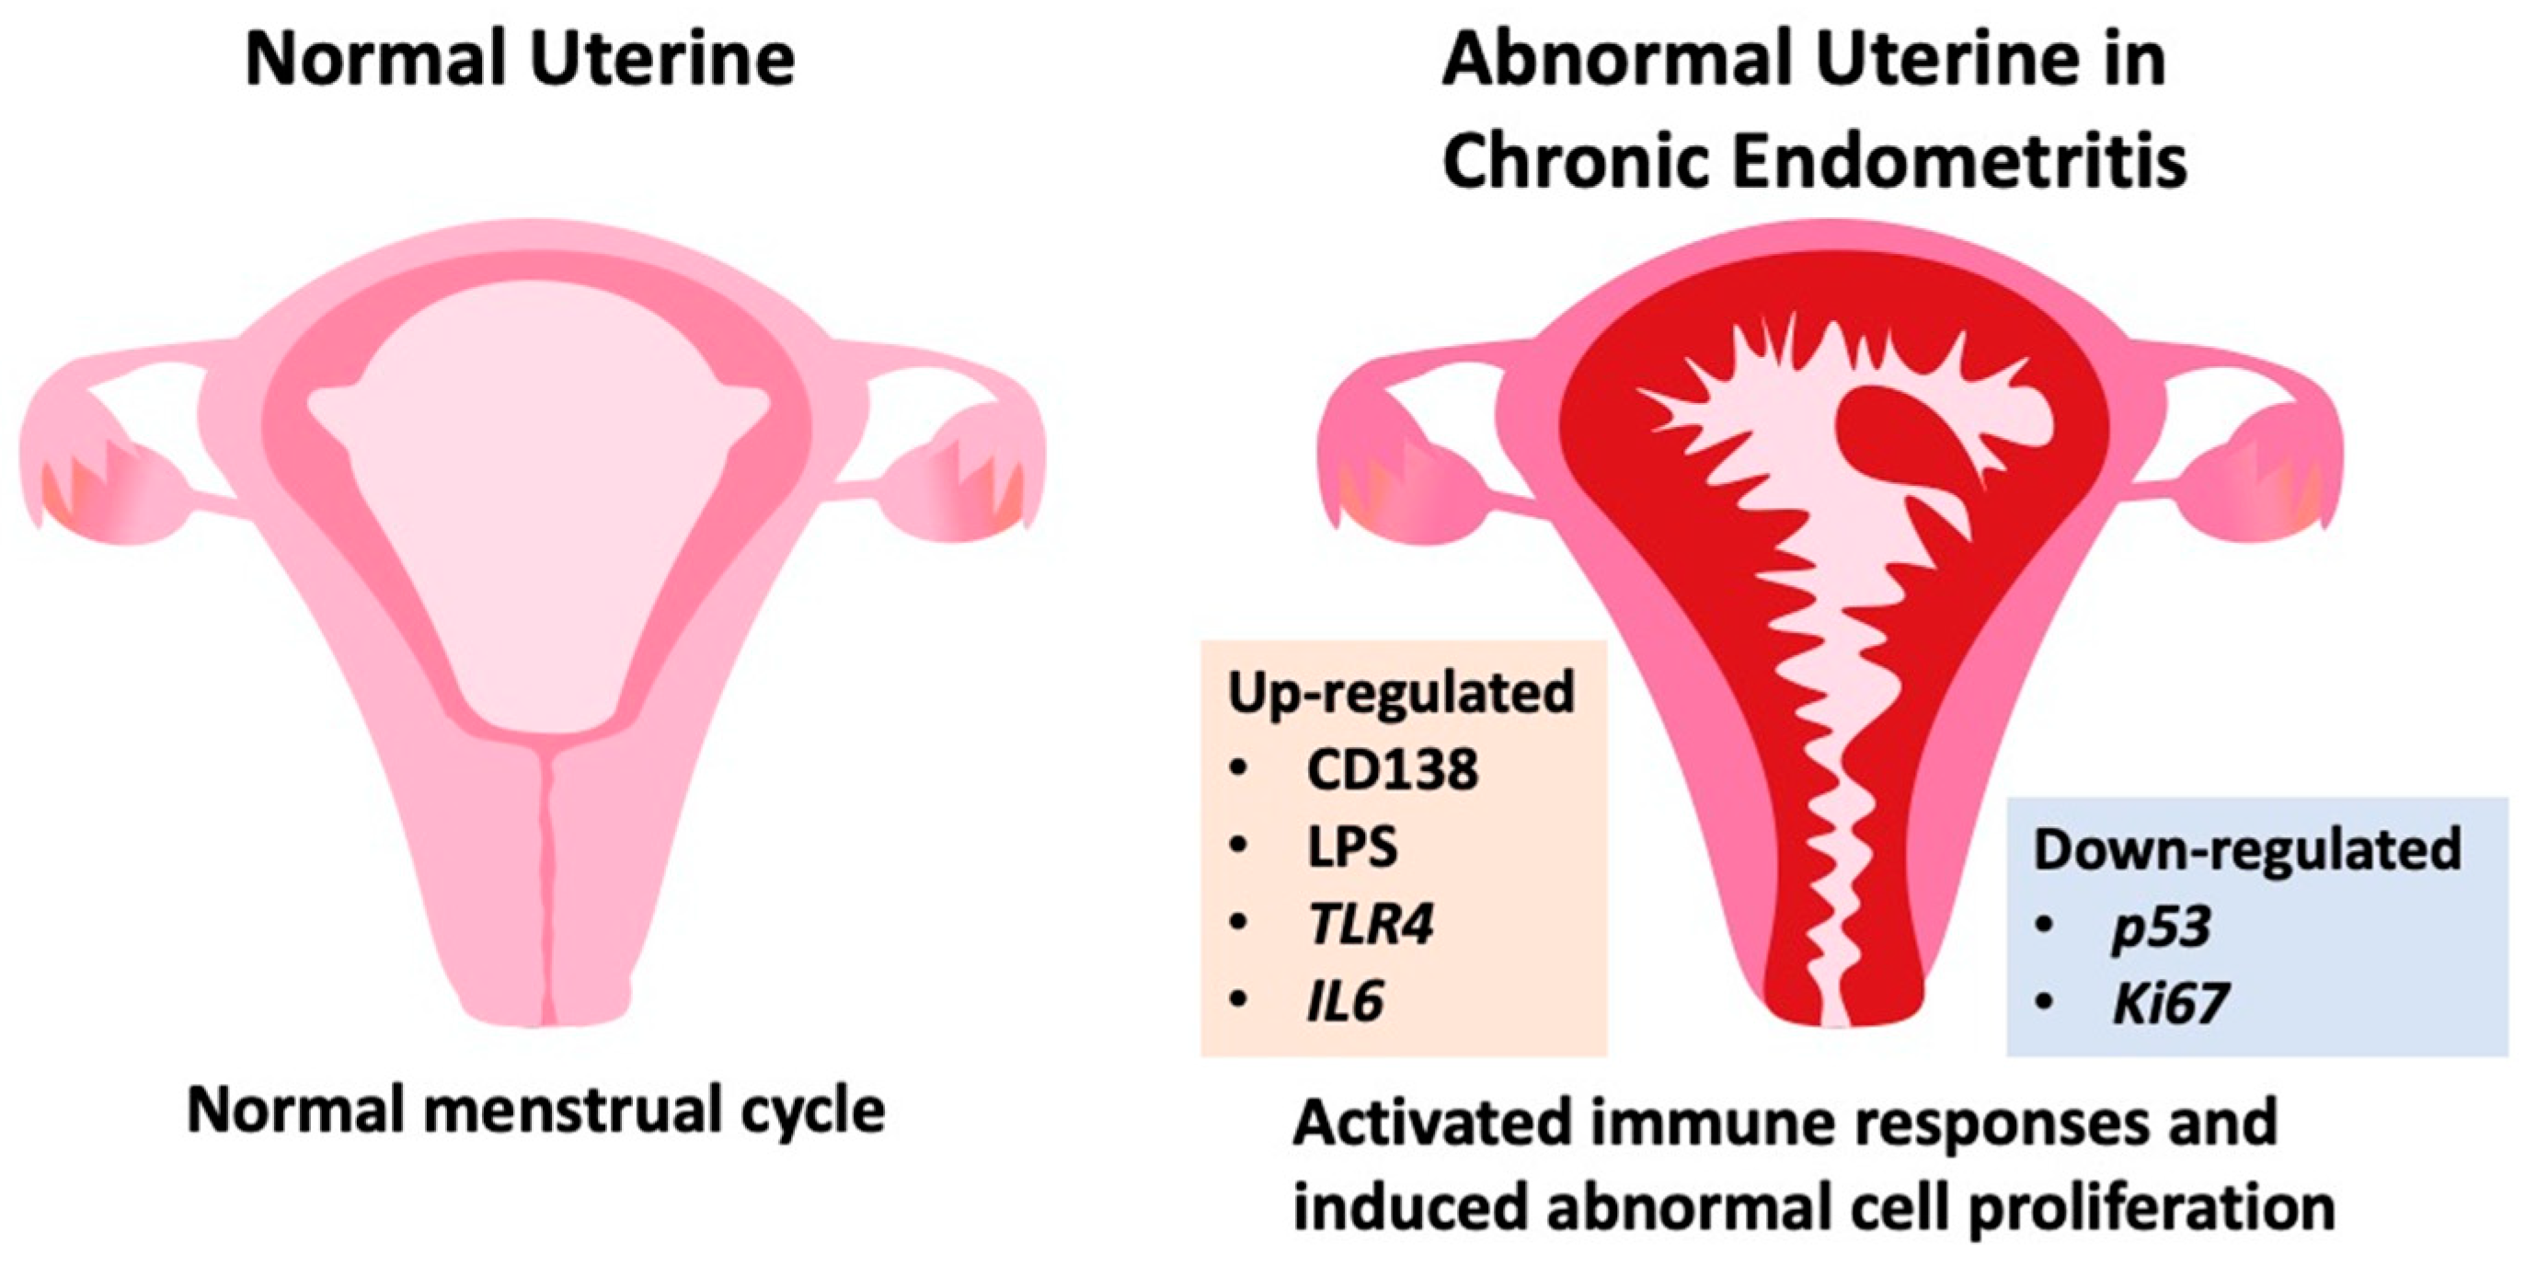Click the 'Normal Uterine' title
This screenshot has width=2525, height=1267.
tap(520, 61)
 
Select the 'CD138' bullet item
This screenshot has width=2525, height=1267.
tap(1392, 769)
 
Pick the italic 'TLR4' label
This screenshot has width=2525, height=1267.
tap(1371, 924)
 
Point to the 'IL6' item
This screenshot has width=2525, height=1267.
tap(1345, 1001)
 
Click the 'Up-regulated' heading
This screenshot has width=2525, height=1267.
tap(1401, 692)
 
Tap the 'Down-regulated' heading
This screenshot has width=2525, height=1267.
tap(2246, 849)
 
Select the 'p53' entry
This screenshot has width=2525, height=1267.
tap(2163, 926)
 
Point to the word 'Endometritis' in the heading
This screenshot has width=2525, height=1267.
tap(1959, 161)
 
